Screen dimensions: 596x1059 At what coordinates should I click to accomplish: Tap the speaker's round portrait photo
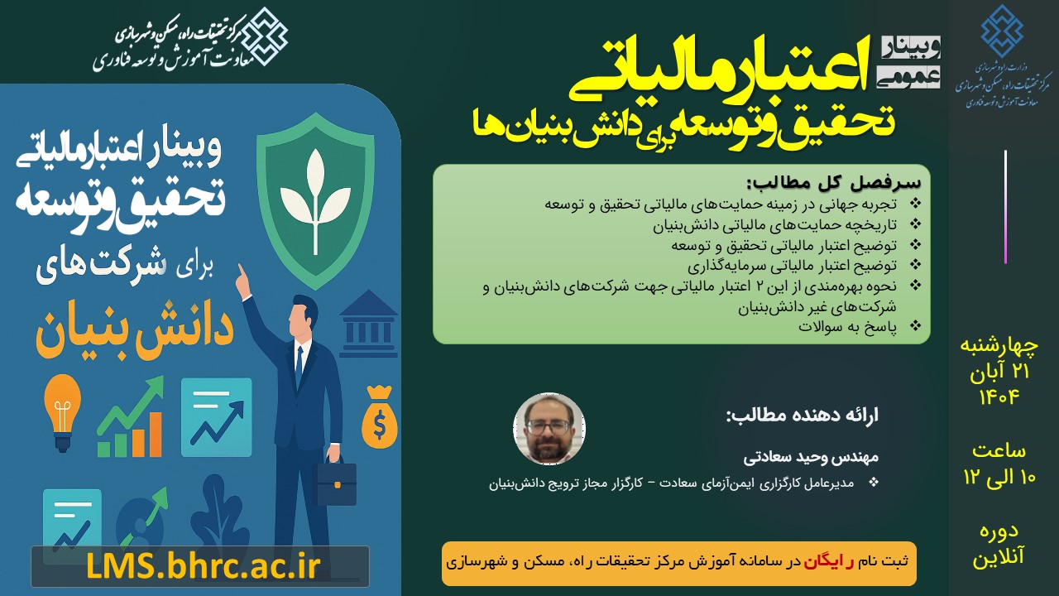[x=549, y=429]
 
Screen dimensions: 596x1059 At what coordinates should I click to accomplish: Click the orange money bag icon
[x=379, y=417]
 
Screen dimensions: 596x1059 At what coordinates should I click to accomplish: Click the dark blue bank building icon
[x=368, y=319]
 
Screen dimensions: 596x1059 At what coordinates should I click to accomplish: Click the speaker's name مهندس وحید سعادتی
[x=815, y=456]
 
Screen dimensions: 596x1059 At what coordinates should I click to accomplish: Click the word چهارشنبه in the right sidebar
[x=998, y=345]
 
